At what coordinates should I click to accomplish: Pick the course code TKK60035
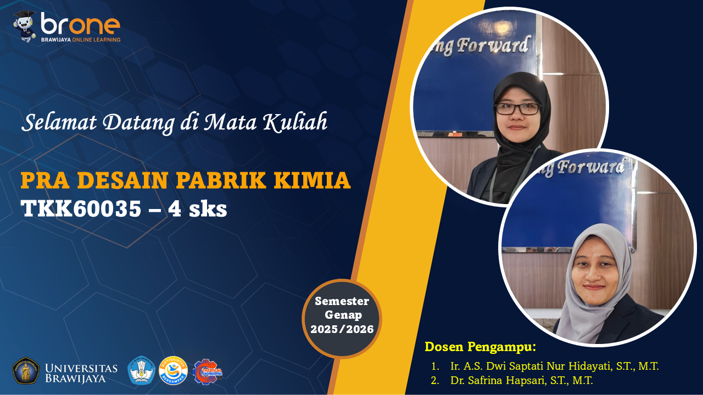click(80, 208)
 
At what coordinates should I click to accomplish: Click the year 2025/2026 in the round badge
click(342, 329)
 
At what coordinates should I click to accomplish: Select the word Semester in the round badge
click(342, 301)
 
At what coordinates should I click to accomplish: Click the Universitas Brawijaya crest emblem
click(26, 371)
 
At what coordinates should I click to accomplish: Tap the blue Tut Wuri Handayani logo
click(141, 371)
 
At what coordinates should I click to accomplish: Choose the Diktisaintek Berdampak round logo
click(173, 371)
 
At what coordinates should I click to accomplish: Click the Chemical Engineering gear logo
click(207, 371)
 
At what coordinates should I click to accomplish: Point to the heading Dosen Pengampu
click(480, 347)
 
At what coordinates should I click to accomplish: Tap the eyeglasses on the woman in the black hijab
click(518, 109)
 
